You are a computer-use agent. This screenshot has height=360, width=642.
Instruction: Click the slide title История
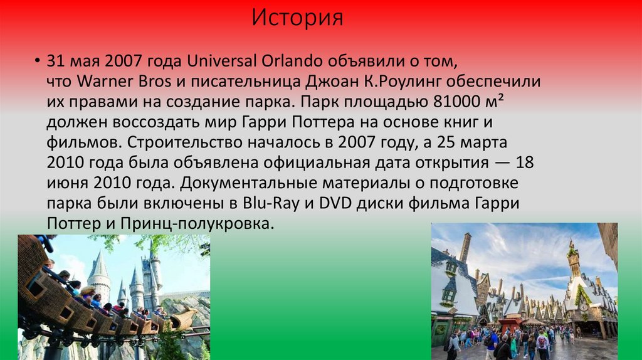[x=298, y=18]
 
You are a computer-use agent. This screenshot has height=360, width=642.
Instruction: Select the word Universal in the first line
[x=222, y=61]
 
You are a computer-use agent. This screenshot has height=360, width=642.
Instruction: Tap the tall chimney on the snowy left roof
[x=465, y=247]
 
